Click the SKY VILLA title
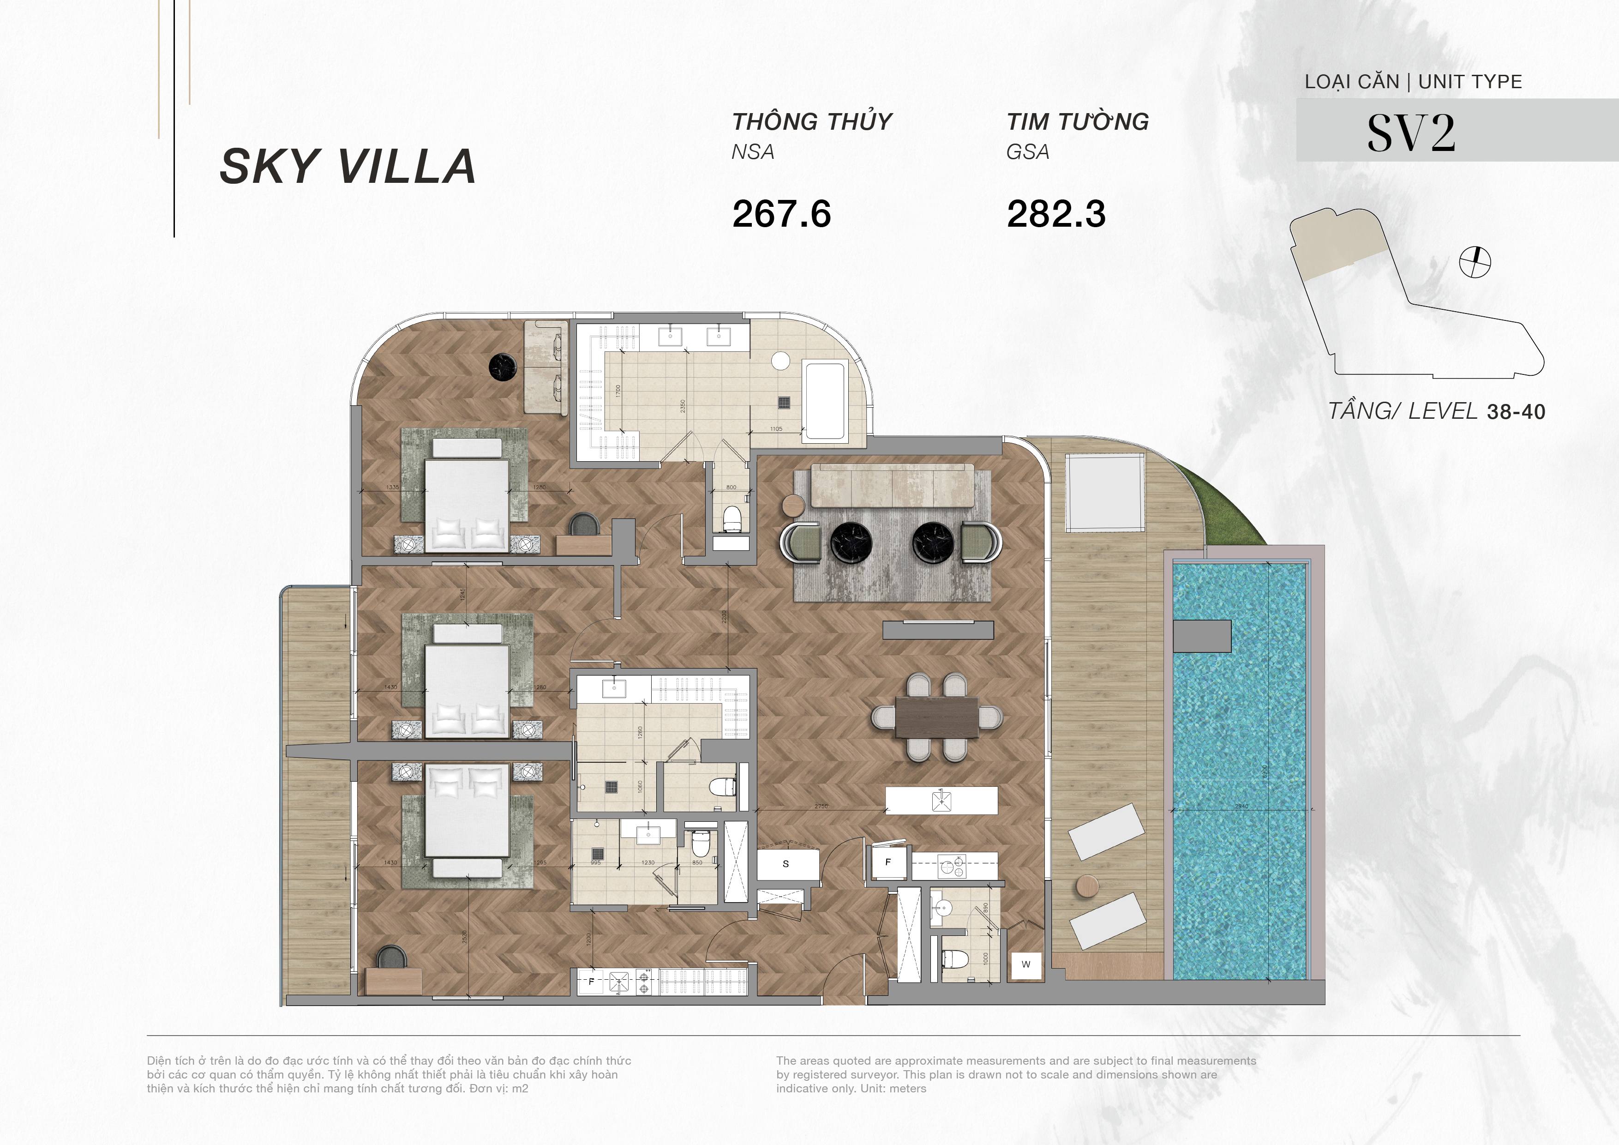348,167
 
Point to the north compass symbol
1475,262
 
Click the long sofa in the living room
893,485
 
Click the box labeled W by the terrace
1026,964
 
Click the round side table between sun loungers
1088,886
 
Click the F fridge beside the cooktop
888,862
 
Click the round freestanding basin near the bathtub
780,361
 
